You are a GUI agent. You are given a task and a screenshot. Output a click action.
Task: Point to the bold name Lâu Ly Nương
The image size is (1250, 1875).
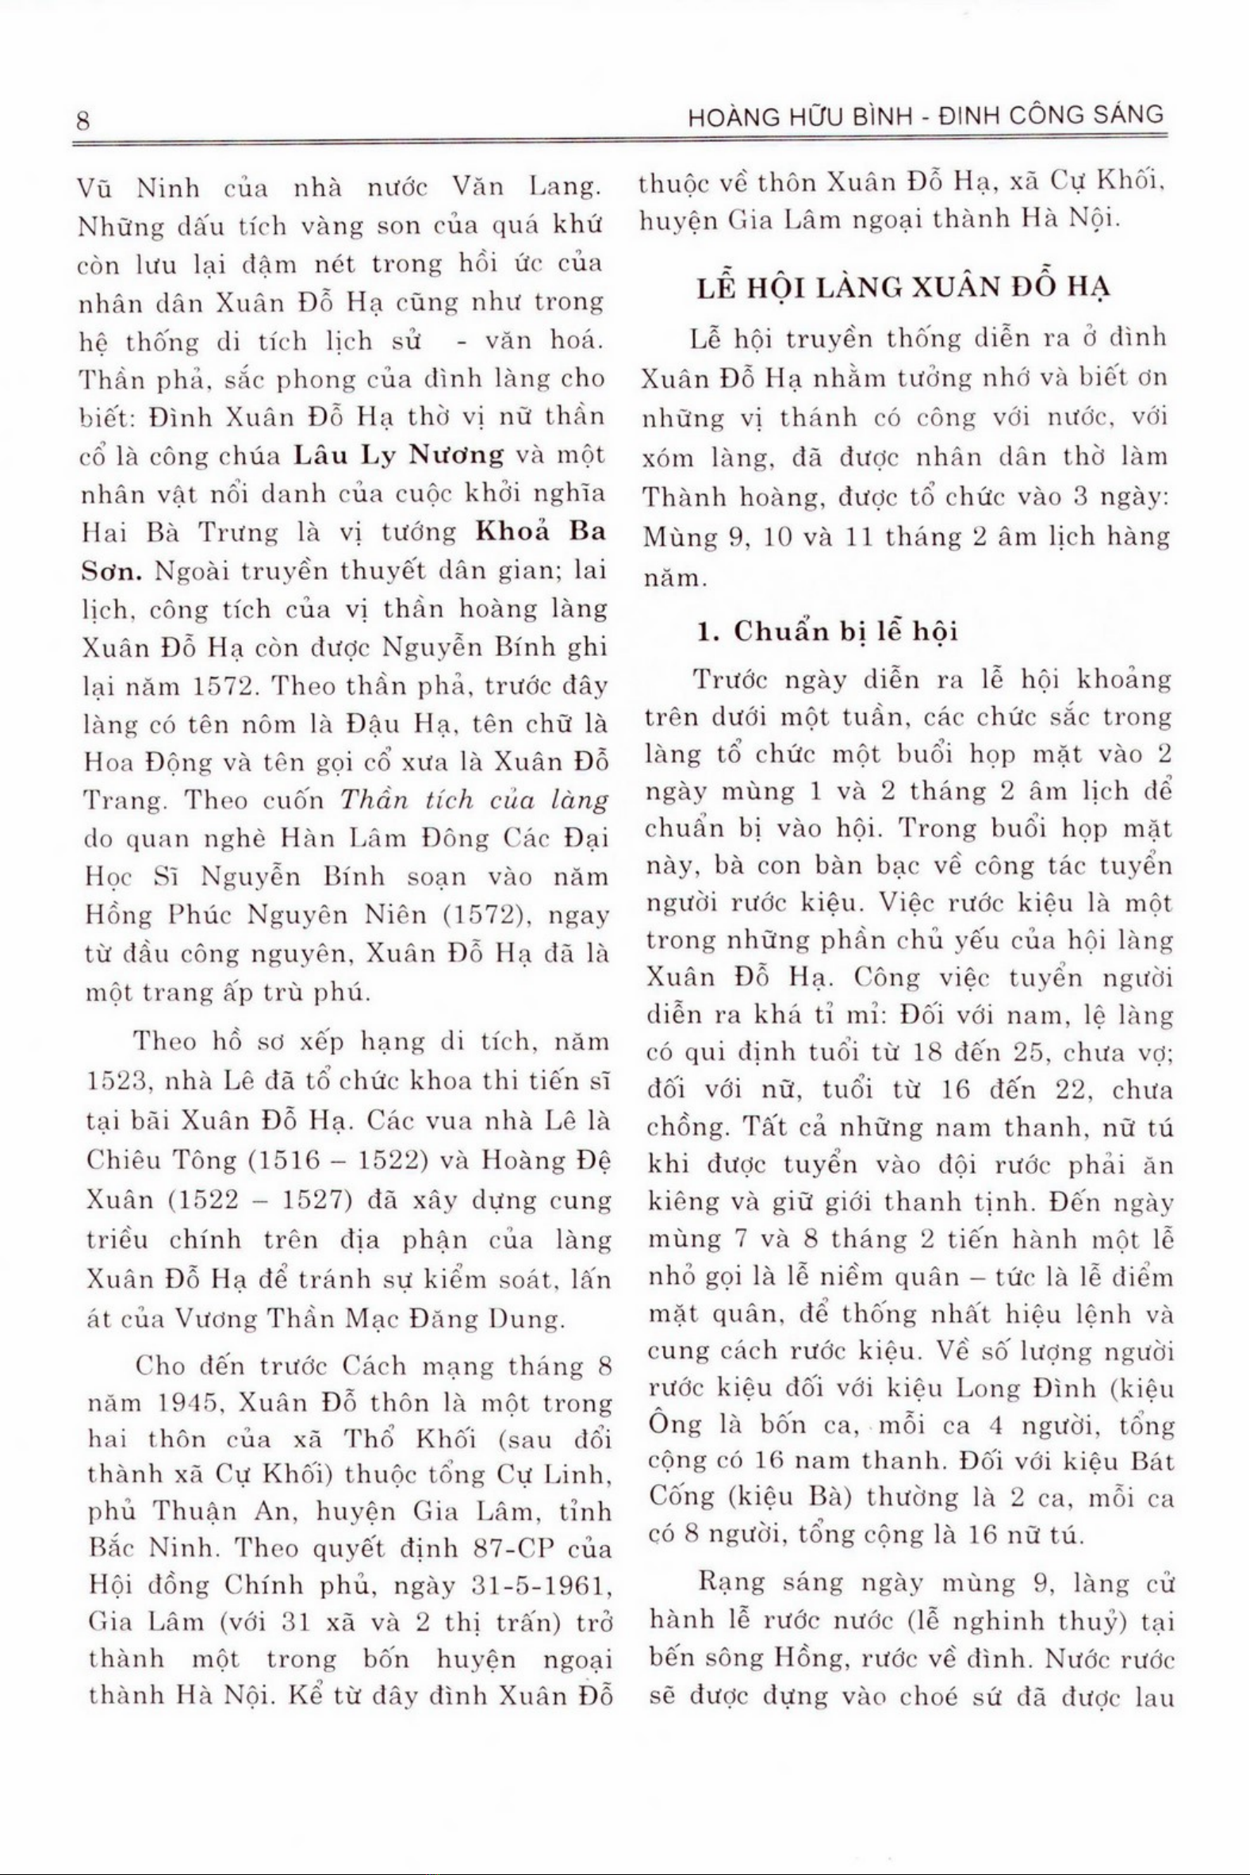pos(400,456)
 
